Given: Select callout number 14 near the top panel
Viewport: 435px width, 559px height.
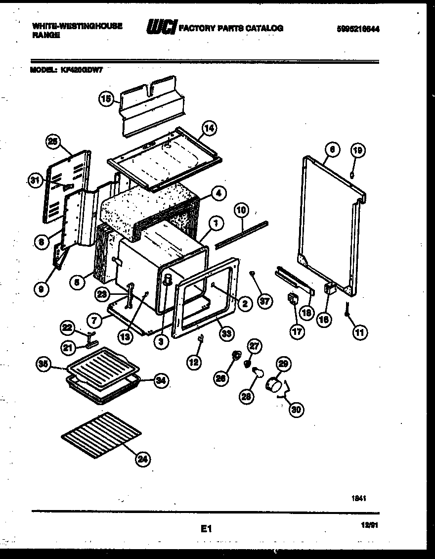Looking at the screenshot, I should (x=209, y=128).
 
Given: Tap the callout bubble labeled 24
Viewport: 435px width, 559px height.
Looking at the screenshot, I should (x=142, y=460).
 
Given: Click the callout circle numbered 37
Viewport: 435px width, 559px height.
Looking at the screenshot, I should (x=265, y=301).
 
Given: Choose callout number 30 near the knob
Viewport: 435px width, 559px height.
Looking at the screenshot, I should (x=297, y=409).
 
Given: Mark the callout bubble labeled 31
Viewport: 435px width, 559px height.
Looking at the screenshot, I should (x=34, y=181).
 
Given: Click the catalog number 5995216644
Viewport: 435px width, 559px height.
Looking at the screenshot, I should (x=358, y=29).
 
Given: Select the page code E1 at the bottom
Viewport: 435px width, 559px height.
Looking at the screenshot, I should (x=206, y=529).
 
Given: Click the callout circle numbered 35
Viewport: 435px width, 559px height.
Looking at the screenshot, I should (x=43, y=365).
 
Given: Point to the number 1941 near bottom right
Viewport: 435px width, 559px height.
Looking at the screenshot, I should (x=359, y=499).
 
